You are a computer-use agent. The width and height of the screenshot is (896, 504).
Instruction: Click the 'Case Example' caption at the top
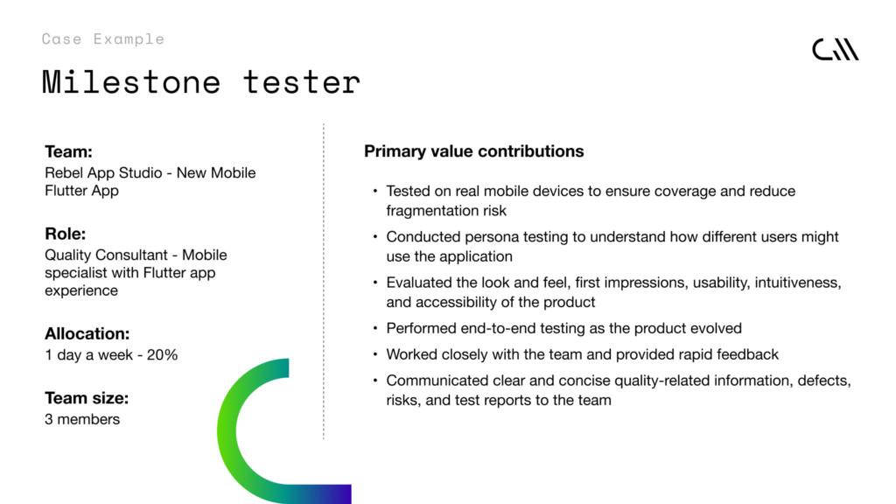(103, 38)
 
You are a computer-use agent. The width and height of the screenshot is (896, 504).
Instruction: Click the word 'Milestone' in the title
(131, 81)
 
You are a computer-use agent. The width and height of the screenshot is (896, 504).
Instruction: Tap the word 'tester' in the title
(302, 82)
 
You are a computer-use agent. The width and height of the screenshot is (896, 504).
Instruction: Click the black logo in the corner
(836, 50)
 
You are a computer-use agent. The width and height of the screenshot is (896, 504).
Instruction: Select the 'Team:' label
(68, 151)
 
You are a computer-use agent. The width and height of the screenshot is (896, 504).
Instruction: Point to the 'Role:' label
(65, 234)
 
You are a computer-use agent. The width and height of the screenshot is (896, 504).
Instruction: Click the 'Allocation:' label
(87, 333)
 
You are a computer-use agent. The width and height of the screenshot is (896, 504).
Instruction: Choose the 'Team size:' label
(87, 398)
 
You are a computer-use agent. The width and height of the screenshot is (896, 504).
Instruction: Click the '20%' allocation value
(162, 355)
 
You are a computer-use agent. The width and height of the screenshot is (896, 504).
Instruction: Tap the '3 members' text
(82, 419)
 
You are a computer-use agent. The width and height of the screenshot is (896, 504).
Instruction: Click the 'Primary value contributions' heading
(474, 151)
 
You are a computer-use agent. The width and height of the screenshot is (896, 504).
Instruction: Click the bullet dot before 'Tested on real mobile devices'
(375, 190)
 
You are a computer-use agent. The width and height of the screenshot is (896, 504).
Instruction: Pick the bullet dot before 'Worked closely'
(375, 354)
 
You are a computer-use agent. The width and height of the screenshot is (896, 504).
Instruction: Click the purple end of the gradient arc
(343, 493)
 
